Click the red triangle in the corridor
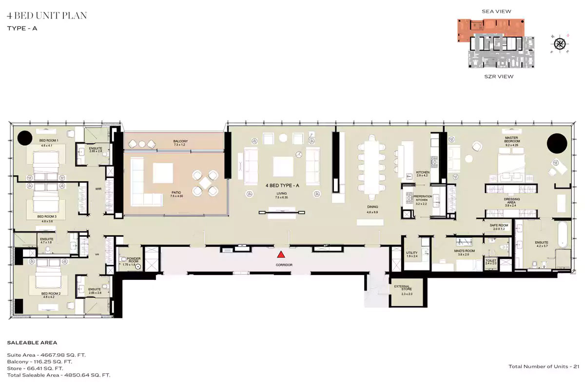[x=281, y=254]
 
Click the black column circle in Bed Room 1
[x=25, y=138]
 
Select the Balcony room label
[x=180, y=143]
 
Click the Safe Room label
[x=499, y=227]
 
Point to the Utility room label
[x=412, y=254]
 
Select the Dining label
[x=372, y=209]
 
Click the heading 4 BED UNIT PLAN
[x=47, y=16]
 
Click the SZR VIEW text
[x=498, y=77]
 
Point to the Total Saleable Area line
[x=58, y=375]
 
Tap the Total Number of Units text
[x=544, y=367]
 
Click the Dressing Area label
[x=512, y=202]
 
